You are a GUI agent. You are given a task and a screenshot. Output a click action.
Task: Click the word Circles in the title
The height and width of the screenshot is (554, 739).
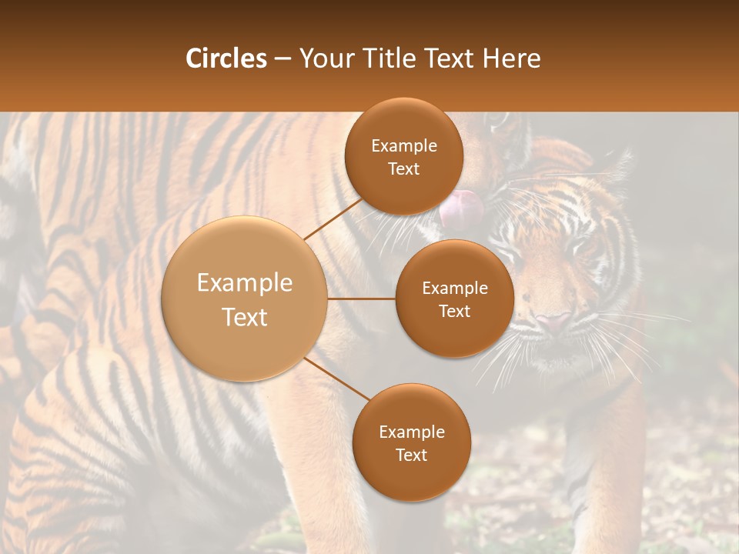point(226,58)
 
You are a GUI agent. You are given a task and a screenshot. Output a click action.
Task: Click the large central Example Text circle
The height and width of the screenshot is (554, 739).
point(245,299)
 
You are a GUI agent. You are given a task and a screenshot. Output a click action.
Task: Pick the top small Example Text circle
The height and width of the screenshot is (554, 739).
point(403,156)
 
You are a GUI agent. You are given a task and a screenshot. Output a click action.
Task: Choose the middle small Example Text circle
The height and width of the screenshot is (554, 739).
point(454,299)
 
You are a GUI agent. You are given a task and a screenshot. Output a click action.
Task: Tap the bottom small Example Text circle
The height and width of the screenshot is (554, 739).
point(411,442)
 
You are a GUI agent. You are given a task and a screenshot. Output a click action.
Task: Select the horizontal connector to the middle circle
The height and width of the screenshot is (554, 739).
point(361,299)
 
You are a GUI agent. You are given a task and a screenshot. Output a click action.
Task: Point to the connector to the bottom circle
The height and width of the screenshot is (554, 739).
point(336,378)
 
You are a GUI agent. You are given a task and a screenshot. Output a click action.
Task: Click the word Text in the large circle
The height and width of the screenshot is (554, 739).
point(245,316)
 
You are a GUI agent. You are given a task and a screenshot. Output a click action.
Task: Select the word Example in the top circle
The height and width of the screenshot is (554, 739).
point(403,145)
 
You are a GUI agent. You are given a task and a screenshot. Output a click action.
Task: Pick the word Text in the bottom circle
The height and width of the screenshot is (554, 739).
point(411,455)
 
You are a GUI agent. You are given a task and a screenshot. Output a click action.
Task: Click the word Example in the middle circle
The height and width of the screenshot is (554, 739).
point(454,288)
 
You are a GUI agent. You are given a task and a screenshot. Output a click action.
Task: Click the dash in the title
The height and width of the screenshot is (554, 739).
point(282,58)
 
